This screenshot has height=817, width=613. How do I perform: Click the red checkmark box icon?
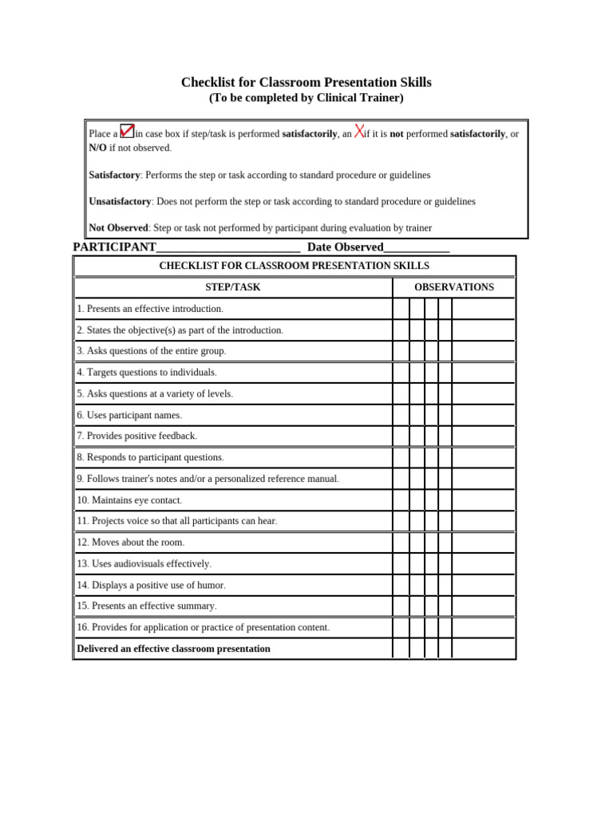click(x=127, y=131)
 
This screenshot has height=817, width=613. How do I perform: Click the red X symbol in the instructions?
click(x=359, y=132)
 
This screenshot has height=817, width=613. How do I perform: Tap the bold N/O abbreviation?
click(x=97, y=148)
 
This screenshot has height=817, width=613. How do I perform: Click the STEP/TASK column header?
click(x=232, y=287)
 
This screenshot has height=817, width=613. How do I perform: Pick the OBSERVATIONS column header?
click(x=453, y=287)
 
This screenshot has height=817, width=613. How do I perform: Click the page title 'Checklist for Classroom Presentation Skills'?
click(x=306, y=82)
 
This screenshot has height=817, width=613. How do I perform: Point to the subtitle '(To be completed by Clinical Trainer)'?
click(x=306, y=98)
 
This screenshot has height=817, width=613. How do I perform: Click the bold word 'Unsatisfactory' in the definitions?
click(x=120, y=202)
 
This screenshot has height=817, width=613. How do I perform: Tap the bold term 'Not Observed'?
click(x=118, y=228)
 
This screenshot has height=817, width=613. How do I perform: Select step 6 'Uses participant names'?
click(x=129, y=415)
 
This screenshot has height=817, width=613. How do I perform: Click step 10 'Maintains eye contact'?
click(x=129, y=500)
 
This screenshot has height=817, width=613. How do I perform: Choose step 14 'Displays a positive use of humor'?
click(x=151, y=585)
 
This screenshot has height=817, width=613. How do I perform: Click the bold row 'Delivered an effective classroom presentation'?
click(x=173, y=649)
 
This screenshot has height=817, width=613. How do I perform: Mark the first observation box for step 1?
click(x=401, y=309)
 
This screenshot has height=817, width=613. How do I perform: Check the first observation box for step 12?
click(x=401, y=543)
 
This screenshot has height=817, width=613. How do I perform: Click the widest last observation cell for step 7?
click(x=483, y=436)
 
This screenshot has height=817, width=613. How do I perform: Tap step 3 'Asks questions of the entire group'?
click(x=152, y=351)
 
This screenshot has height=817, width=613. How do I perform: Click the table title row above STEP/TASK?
click(x=294, y=266)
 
